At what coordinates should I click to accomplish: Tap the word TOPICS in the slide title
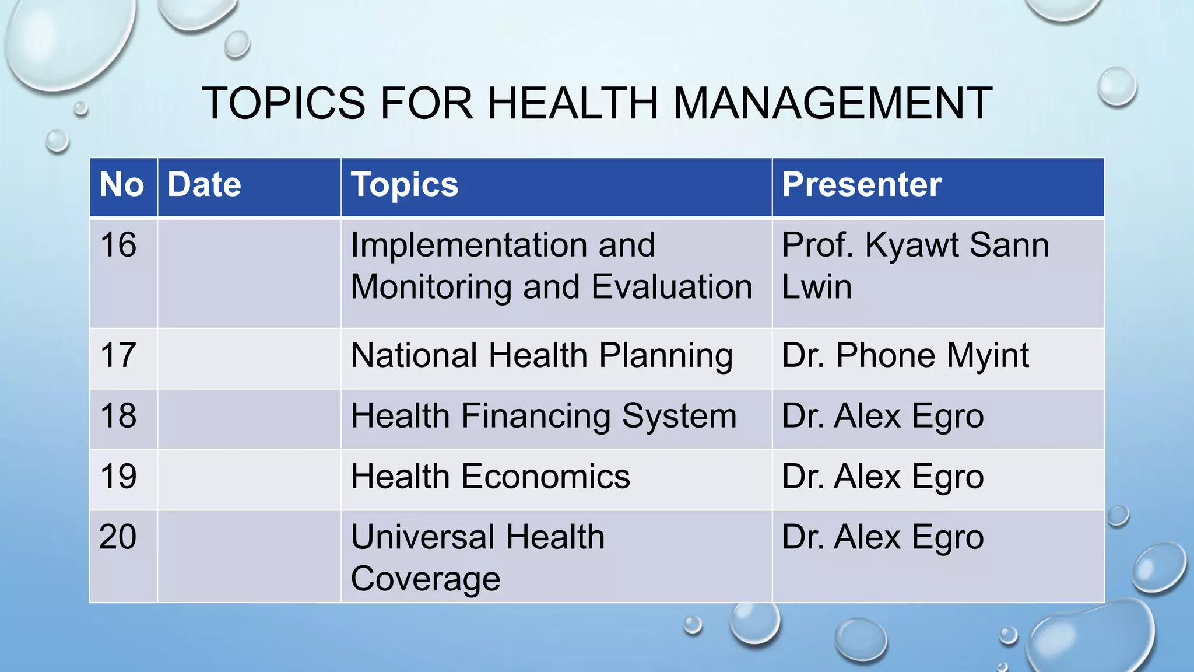point(283,103)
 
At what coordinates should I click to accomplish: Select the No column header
point(121,185)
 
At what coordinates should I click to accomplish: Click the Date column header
point(204,185)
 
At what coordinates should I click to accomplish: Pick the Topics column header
point(405,185)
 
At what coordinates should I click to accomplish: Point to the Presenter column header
point(862,185)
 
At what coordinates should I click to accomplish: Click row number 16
point(118,245)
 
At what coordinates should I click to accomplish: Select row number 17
point(118,355)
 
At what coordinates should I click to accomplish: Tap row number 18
point(118,416)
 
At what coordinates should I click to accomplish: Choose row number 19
point(118,477)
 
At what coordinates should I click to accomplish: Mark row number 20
point(118,537)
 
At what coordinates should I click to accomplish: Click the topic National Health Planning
point(542,356)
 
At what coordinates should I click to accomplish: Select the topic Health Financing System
point(543,416)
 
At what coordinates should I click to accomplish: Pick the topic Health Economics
point(490,477)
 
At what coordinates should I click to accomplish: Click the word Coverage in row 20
point(426,579)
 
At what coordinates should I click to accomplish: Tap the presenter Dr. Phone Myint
point(905,356)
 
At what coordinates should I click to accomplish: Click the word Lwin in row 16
point(817,287)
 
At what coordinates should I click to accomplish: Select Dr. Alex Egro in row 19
point(883,477)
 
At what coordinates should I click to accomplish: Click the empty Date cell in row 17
point(249,358)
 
